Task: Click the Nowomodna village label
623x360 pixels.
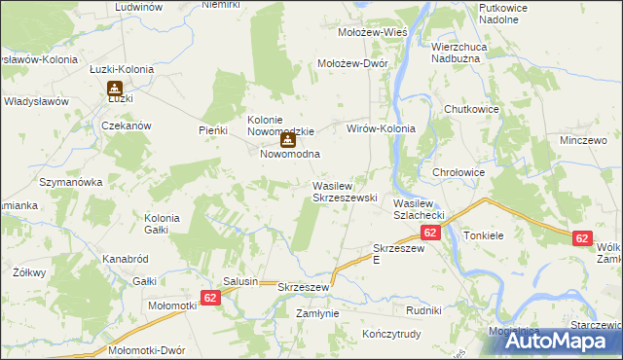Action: [x=290, y=155]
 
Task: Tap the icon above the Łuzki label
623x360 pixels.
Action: [x=113, y=87]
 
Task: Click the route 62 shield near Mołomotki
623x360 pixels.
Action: [x=212, y=297]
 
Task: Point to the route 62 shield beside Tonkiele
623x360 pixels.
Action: [x=582, y=237]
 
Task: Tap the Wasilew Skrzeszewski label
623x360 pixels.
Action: [x=344, y=191]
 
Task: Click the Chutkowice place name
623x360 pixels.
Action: [x=471, y=109]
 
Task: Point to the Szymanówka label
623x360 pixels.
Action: [x=70, y=182]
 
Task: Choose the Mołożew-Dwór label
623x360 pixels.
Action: [x=354, y=63]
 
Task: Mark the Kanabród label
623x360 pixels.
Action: [x=125, y=259]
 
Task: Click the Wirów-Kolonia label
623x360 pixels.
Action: [x=382, y=128]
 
